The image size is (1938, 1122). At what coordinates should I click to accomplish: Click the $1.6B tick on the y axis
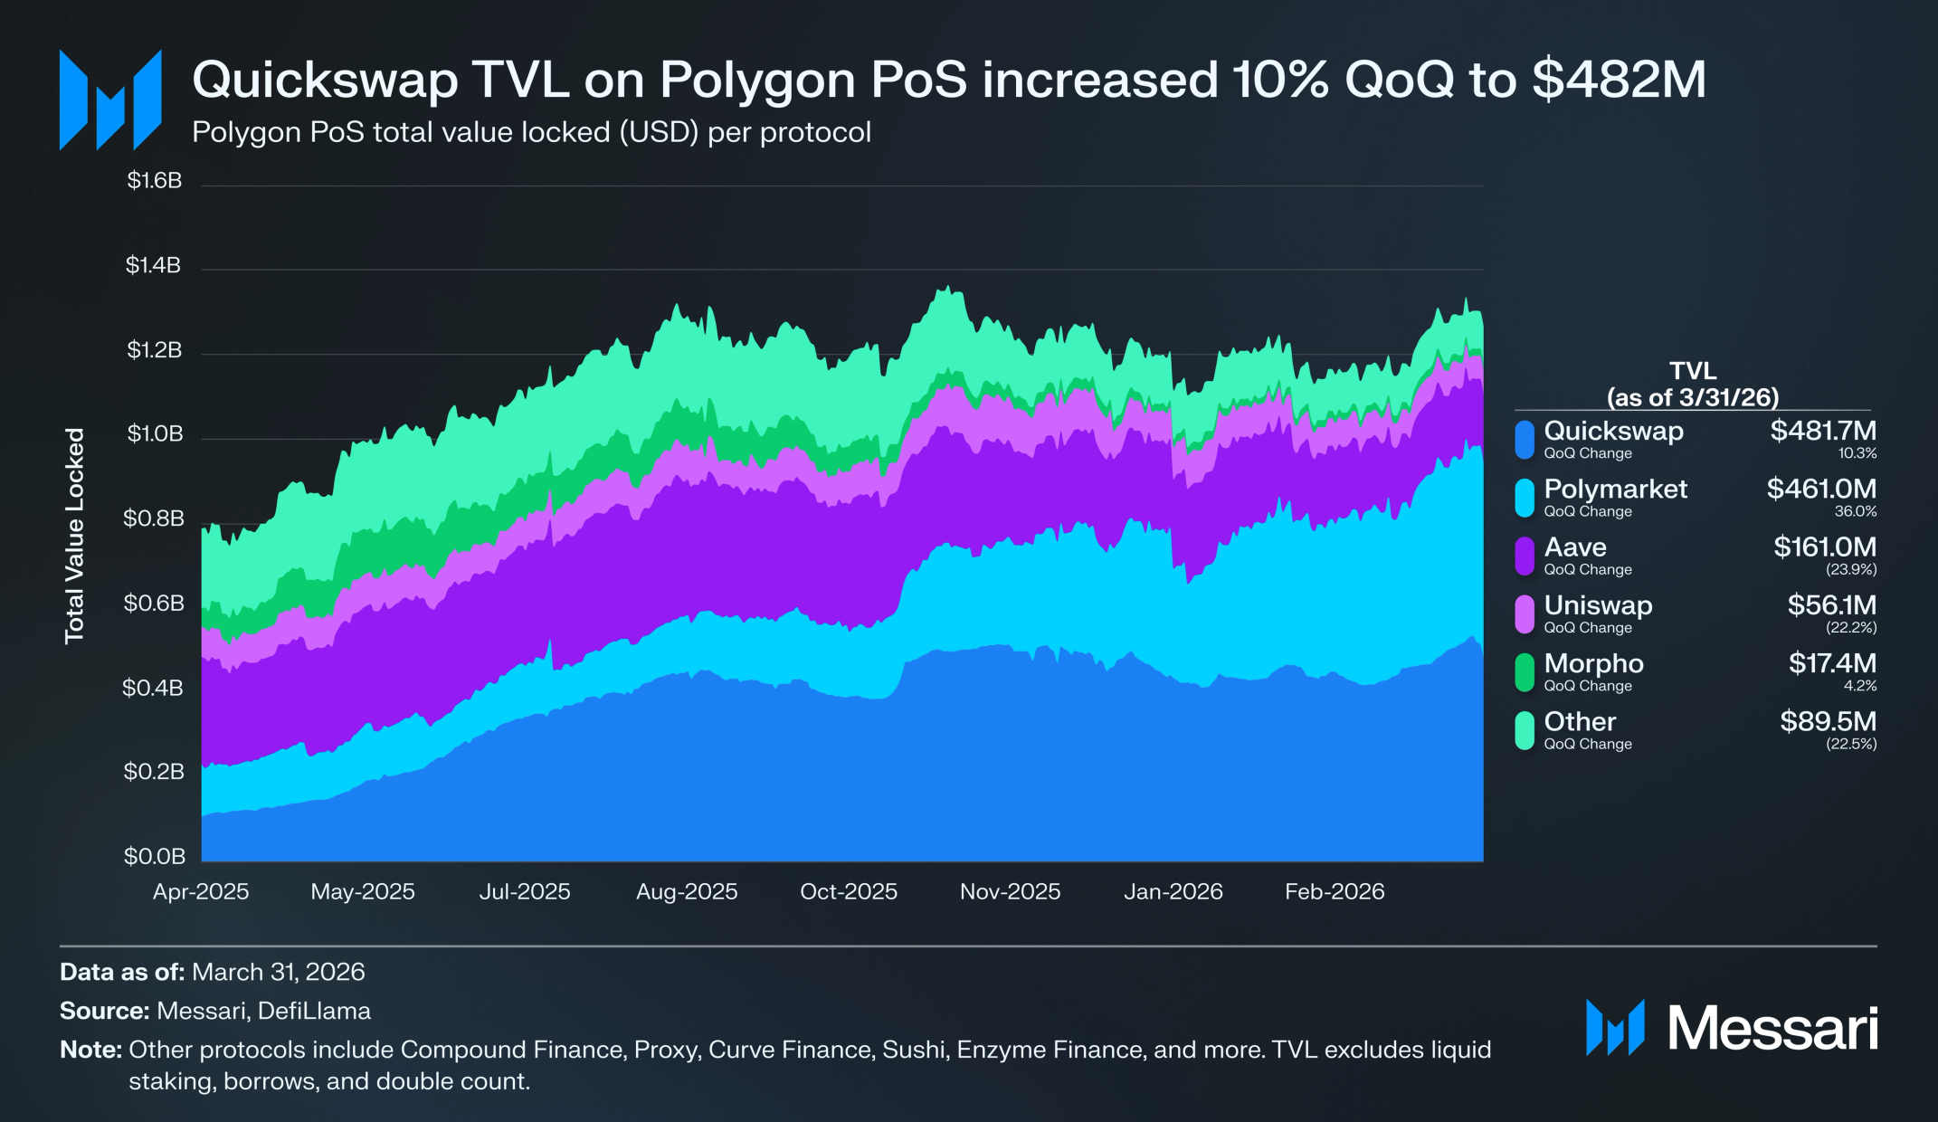point(155,181)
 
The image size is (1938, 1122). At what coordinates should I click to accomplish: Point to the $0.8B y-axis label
point(154,518)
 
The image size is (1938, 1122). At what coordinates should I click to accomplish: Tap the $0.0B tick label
point(155,856)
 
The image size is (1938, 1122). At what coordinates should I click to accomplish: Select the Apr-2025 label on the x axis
point(201,891)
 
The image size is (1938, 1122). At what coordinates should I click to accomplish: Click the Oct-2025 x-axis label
point(849,891)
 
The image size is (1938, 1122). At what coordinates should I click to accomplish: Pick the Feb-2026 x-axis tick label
point(1335,891)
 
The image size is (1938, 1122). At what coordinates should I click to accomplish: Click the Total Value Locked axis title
point(74,536)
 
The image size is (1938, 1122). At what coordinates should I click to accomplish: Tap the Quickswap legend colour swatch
point(1525,440)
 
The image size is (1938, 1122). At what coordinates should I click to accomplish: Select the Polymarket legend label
point(1615,489)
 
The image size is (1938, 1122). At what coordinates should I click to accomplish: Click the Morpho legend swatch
point(1525,672)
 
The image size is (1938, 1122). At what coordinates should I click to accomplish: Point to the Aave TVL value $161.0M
point(1825,547)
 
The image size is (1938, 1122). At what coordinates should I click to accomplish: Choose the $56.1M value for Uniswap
point(1832,604)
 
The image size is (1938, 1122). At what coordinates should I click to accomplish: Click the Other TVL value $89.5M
point(1829,721)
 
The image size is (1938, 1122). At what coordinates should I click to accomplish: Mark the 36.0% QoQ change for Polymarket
point(1856,511)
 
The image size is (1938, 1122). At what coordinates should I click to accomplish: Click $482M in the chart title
point(1620,80)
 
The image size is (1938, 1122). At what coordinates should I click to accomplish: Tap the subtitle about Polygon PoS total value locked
point(531,132)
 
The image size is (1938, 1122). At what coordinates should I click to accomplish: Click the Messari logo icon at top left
point(110,100)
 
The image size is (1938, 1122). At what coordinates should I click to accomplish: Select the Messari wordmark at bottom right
point(1772,1029)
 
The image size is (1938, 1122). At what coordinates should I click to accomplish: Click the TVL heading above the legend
point(1693,371)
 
